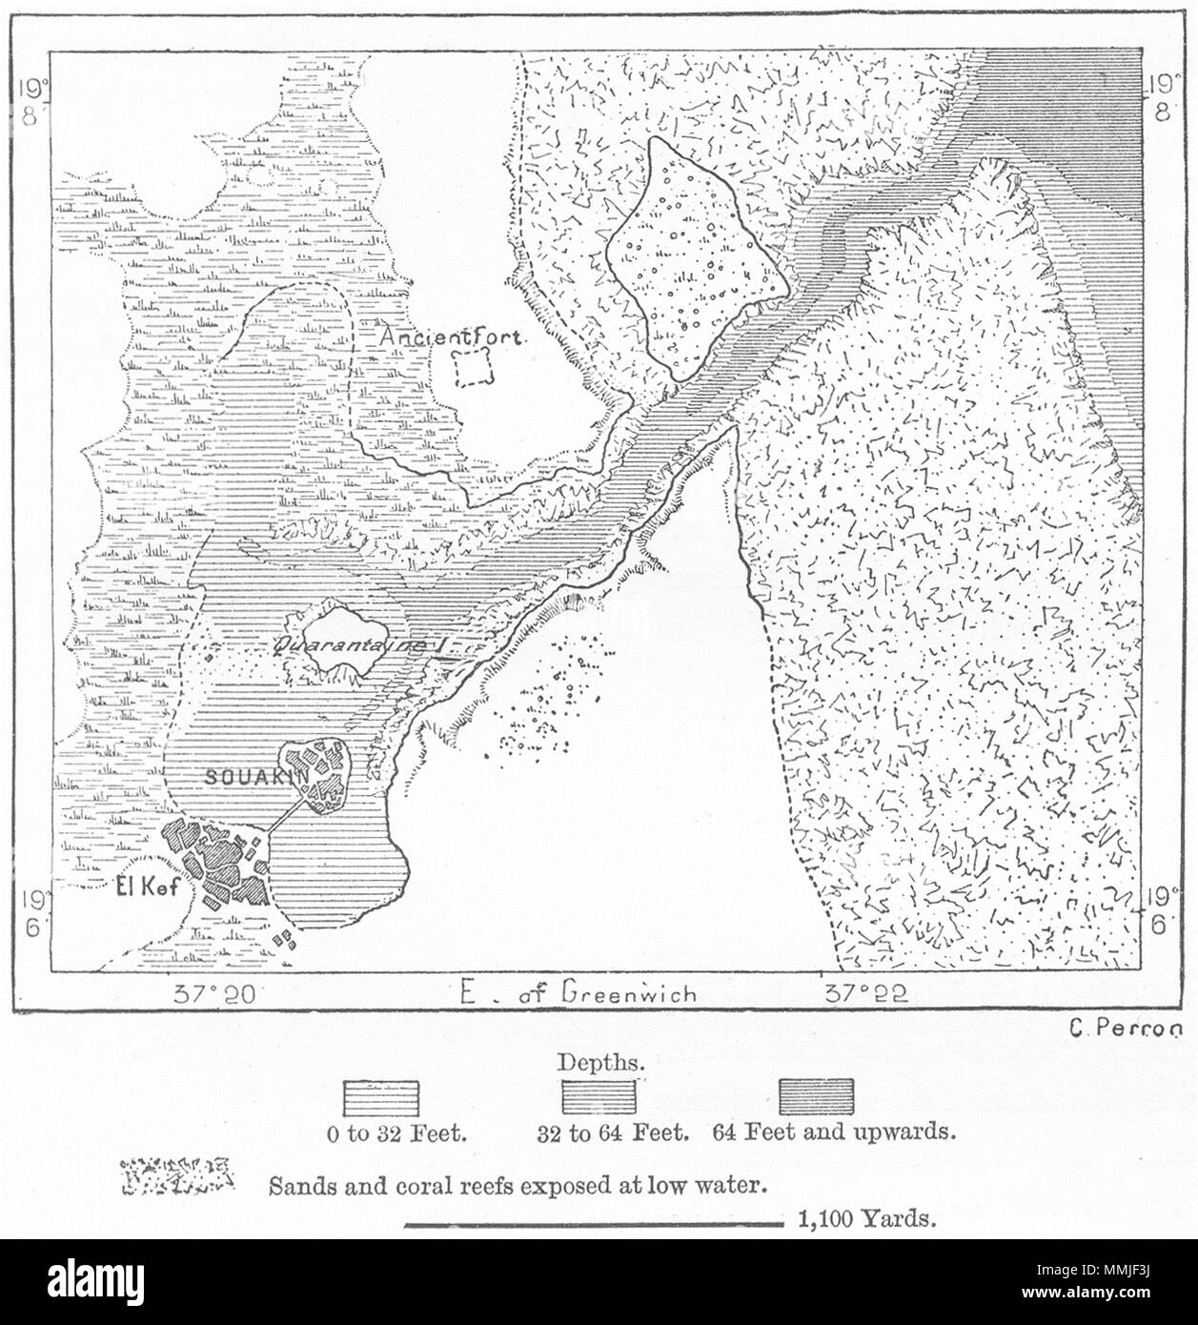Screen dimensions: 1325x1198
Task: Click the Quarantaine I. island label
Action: click(x=360, y=646)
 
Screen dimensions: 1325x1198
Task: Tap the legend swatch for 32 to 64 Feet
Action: click(x=599, y=1097)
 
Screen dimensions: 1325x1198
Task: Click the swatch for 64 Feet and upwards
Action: click(x=816, y=1097)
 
